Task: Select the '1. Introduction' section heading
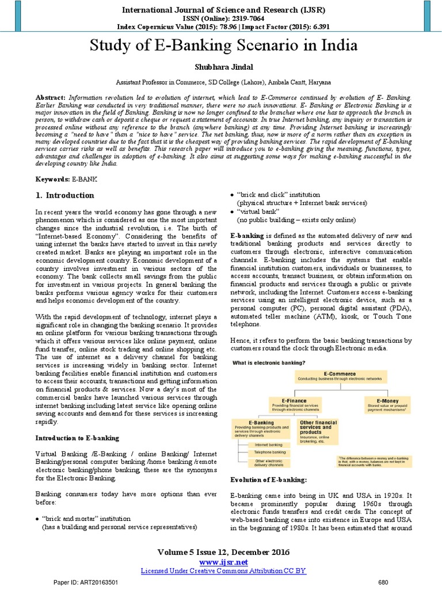65,195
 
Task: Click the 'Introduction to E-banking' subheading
77,438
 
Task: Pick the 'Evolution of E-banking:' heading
268,479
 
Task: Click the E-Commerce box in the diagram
341,377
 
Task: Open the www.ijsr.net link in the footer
223,562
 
